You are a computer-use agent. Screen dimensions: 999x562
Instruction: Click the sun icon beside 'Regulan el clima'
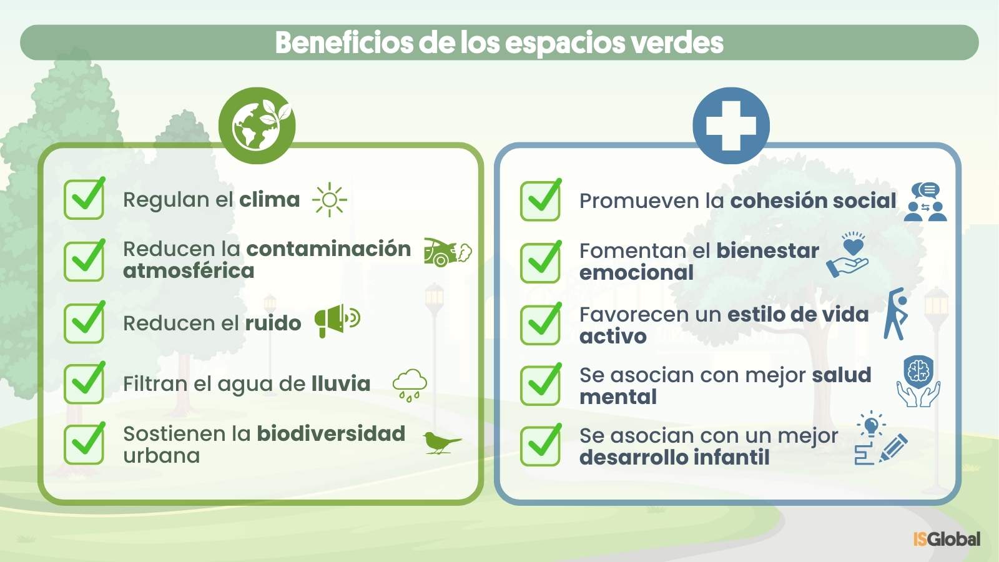pyautogui.click(x=330, y=200)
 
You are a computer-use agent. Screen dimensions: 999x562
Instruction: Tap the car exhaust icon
pyautogui.click(x=448, y=252)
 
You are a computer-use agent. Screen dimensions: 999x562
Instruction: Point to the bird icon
pyautogui.click(x=442, y=443)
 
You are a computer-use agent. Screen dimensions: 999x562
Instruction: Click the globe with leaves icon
pyautogui.click(x=257, y=126)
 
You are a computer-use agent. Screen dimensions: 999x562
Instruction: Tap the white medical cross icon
pyautogui.click(x=731, y=126)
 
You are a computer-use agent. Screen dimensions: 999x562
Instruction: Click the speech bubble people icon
pyautogui.click(x=925, y=202)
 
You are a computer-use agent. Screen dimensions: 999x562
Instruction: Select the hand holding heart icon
pyautogui.click(x=847, y=255)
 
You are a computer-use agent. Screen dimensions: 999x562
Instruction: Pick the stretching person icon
pyautogui.click(x=896, y=314)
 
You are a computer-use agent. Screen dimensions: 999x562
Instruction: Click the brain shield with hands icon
pyautogui.click(x=918, y=382)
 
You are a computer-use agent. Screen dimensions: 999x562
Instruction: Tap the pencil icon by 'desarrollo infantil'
pyautogui.click(x=893, y=448)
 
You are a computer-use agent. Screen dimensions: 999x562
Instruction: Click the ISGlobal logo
pyautogui.click(x=947, y=539)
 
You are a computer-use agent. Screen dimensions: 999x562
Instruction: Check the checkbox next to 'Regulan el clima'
pyautogui.click(x=84, y=199)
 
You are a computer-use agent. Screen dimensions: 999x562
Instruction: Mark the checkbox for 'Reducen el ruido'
pyautogui.click(x=84, y=322)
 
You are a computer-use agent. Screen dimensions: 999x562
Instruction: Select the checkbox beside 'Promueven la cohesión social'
pyautogui.click(x=541, y=200)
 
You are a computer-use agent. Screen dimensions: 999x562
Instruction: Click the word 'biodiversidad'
pyautogui.click(x=331, y=433)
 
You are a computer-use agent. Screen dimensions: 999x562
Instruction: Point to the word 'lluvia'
pyautogui.click(x=341, y=383)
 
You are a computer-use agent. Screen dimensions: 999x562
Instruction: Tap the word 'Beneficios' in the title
pyautogui.click(x=344, y=42)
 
